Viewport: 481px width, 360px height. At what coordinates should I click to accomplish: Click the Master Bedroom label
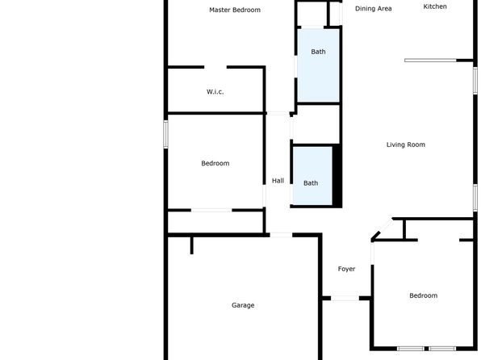235,10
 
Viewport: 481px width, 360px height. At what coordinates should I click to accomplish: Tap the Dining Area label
374,9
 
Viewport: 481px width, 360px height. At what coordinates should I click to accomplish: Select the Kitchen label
435,6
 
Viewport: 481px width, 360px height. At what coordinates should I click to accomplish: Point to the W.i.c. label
215,91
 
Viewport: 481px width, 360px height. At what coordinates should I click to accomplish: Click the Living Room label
405,144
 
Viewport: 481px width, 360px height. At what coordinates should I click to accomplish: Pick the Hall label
278,181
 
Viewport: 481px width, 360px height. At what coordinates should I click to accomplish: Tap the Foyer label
346,269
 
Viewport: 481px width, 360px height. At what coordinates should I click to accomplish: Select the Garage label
243,305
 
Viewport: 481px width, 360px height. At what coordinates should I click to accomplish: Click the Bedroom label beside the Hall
215,163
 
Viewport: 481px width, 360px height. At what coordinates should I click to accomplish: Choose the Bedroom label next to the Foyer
424,295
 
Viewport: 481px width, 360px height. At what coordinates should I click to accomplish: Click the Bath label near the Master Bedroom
318,52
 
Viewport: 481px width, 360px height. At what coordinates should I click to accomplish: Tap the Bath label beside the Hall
311,183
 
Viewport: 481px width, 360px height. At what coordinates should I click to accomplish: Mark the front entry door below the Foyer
345,298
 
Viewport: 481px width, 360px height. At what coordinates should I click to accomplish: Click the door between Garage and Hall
281,235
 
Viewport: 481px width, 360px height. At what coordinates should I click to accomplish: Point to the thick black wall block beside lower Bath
337,175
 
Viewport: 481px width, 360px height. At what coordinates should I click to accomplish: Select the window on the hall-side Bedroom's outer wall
165,134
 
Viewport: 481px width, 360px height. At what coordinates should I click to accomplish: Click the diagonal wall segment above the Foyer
382,229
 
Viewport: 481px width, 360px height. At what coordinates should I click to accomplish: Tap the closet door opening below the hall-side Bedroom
211,210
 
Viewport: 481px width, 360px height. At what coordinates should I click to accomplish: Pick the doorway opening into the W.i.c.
215,67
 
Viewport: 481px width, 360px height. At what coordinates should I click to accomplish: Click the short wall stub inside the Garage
192,245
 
